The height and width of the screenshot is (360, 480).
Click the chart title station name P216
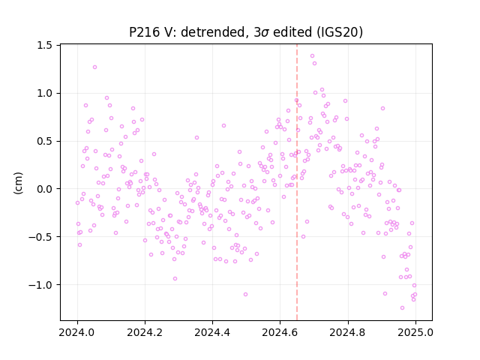click(x=144, y=32)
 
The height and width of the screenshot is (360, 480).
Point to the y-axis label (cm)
click(x=18, y=183)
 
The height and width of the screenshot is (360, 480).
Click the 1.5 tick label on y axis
click(x=45, y=45)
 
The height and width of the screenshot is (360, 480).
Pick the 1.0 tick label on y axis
click(x=45, y=93)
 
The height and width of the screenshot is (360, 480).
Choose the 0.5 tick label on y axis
click(x=45, y=141)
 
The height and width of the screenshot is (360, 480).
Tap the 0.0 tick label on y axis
click(x=45, y=189)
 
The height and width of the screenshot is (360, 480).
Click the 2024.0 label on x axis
click(x=77, y=332)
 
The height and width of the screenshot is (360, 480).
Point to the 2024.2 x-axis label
click(x=145, y=332)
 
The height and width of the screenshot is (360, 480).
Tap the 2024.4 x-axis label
click(x=212, y=332)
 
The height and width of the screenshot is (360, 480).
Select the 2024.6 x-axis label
click(x=280, y=332)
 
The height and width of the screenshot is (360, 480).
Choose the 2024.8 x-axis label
click(x=348, y=332)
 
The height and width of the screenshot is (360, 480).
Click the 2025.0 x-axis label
click(x=415, y=332)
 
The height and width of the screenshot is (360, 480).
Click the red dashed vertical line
click(x=297, y=182)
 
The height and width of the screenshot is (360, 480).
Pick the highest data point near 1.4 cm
click(x=312, y=56)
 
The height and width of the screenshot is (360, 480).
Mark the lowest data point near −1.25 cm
click(x=402, y=308)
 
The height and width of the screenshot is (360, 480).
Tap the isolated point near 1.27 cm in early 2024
click(x=95, y=67)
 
